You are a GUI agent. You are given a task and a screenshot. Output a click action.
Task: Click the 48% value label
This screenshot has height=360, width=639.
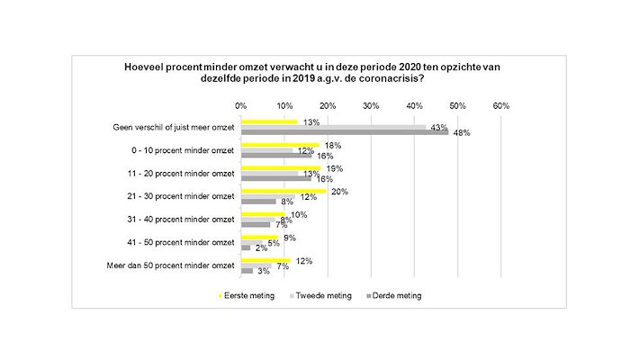click(x=462, y=133)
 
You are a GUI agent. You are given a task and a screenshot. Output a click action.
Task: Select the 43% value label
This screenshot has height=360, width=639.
click(x=440, y=127)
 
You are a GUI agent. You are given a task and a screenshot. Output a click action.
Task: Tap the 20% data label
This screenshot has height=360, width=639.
click(x=340, y=192)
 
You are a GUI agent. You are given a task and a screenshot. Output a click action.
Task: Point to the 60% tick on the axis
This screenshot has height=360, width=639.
click(x=501, y=105)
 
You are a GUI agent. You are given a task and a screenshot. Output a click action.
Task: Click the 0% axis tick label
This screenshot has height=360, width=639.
click(x=240, y=105)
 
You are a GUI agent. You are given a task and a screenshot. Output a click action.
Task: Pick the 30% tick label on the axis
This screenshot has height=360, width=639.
click(x=371, y=105)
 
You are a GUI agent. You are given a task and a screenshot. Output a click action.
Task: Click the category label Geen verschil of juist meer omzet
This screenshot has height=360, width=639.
click(x=172, y=127)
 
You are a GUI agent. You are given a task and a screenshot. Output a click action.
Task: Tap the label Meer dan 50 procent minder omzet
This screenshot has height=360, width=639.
click(x=172, y=265)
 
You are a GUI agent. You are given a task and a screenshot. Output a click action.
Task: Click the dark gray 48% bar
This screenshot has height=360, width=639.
click(x=345, y=132)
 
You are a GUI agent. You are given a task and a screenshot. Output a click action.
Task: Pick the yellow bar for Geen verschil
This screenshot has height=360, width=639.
click(x=269, y=121)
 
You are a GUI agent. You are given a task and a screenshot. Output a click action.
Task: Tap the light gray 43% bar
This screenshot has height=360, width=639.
click(x=334, y=127)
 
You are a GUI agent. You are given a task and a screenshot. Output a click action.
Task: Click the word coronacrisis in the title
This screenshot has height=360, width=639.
click(x=391, y=78)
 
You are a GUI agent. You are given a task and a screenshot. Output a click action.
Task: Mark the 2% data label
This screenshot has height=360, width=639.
click(x=261, y=248)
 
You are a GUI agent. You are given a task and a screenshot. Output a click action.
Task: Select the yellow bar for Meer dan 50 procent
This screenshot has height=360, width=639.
click(x=266, y=260)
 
